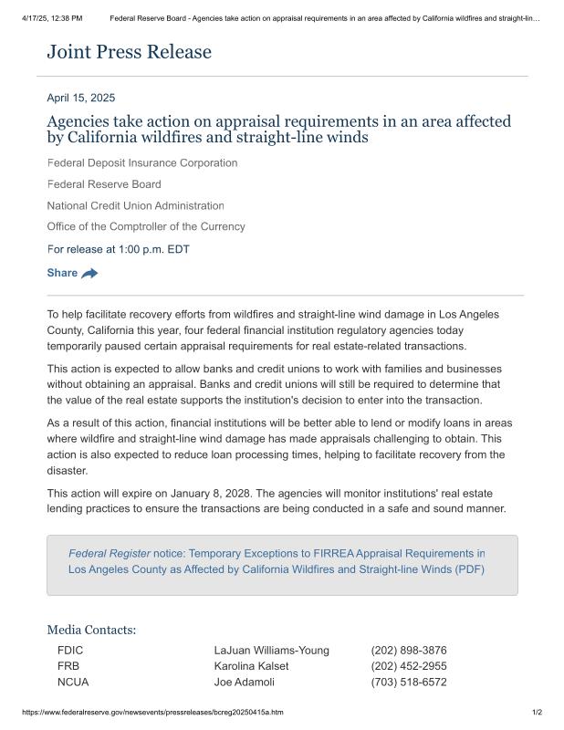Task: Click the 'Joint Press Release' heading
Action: [129, 52]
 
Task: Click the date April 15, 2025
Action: [81, 98]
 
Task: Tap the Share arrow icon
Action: [89, 273]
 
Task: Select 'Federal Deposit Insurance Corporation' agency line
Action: [142, 162]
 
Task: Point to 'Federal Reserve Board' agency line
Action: [104, 184]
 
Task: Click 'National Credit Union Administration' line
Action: [135, 205]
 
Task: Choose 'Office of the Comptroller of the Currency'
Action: [146, 226]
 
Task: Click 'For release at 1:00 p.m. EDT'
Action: [118, 249]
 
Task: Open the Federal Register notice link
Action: [277, 561]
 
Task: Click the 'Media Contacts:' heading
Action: [91, 630]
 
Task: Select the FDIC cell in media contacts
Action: [70, 651]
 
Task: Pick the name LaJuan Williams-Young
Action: [271, 651]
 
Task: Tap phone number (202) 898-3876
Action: [409, 651]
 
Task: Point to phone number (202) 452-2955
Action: [409, 666]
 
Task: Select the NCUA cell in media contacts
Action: [73, 682]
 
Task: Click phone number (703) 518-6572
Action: [409, 682]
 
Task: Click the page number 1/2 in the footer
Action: [537, 712]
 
